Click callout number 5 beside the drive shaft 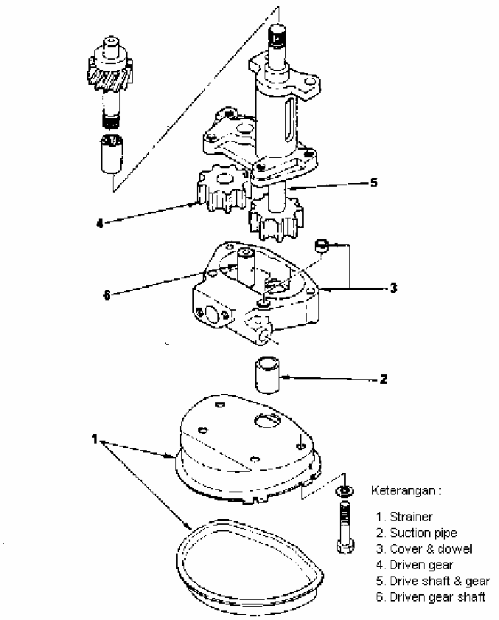pyautogui.click(x=374, y=183)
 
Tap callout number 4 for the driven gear pyautogui.click(x=100, y=224)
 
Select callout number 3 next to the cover pyautogui.click(x=393, y=288)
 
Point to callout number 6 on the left pyautogui.click(x=107, y=295)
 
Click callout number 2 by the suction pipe pyautogui.click(x=383, y=379)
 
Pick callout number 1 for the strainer pyautogui.click(x=94, y=439)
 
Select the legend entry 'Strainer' pyautogui.click(x=411, y=517)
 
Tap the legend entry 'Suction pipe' pyautogui.click(x=423, y=533)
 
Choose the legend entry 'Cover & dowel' pyautogui.click(x=430, y=549)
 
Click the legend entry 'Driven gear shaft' pyautogui.click(x=437, y=597)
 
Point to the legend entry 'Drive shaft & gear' pyautogui.click(x=440, y=581)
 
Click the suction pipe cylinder pyautogui.click(x=268, y=375)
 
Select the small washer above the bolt pyautogui.click(x=345, y=492)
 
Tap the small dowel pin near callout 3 pyautogui.click(x=322, y=245)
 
